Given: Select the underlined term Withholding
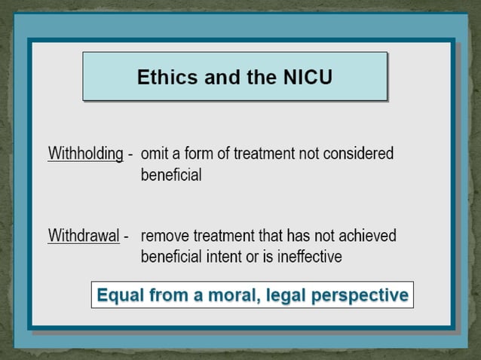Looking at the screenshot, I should click(x=85, y=154).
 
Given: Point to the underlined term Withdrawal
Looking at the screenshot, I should click(x=84, y=235).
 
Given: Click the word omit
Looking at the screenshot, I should click(x=155, y=154).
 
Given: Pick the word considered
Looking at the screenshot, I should click(x=360, y=154).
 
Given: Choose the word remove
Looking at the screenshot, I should click(x=165, y=235).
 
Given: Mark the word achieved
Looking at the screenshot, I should click(x=365, y=235).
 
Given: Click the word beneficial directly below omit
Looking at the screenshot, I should click(x=171, y=175).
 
